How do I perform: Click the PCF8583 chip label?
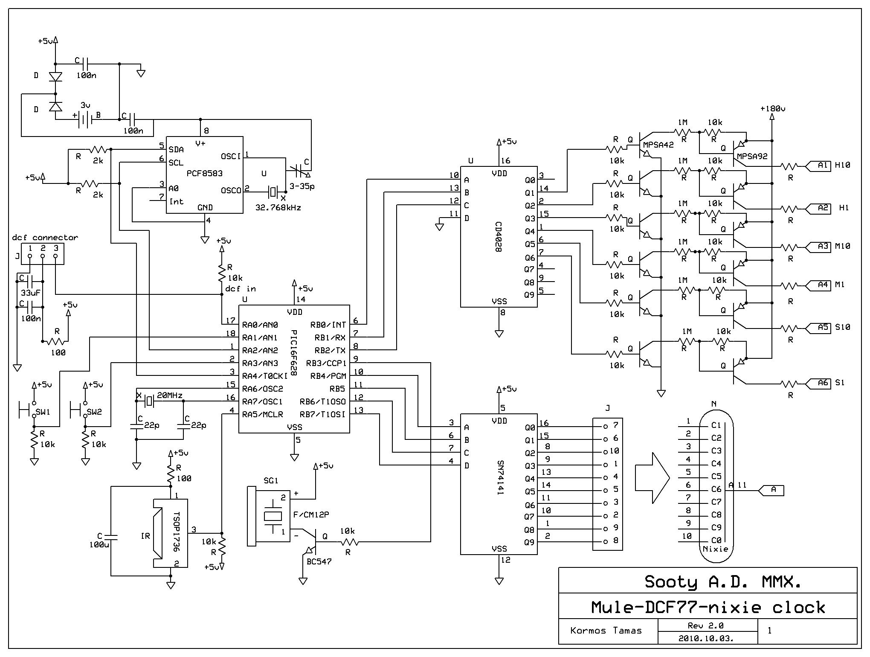(x=205, y=174)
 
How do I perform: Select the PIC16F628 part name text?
(x=293, y=352)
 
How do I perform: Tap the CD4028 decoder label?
(x=498, y=237)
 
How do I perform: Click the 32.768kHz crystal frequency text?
(x=278, y=208)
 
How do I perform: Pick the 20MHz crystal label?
(x=170, y=395)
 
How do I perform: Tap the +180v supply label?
(x=773, y=108)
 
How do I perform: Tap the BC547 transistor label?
(x=319, y=561)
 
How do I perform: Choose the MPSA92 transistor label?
(x=752, y=156)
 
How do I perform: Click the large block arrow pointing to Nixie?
(x=652, y=477)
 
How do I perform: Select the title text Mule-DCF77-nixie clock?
(x=708, y=607)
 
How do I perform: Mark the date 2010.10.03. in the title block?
(x=708, y=639)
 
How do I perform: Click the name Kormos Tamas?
(x=606, y=631)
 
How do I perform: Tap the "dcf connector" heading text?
(x=45, y=238)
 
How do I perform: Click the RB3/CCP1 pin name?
(x=326, y=363)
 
